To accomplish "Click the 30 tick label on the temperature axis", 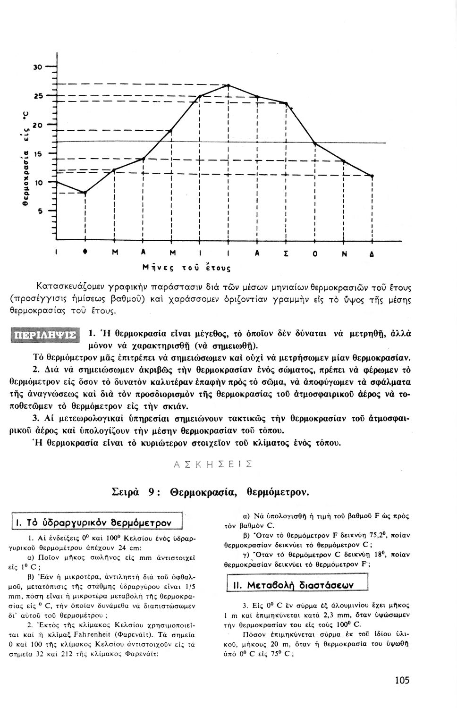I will tap(37, 67).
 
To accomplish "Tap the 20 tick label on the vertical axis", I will tap(37, 125).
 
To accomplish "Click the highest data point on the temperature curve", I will tap(228, 85).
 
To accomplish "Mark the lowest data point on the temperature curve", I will tap(85, 193).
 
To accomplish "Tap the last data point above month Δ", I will tap(372, 176).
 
